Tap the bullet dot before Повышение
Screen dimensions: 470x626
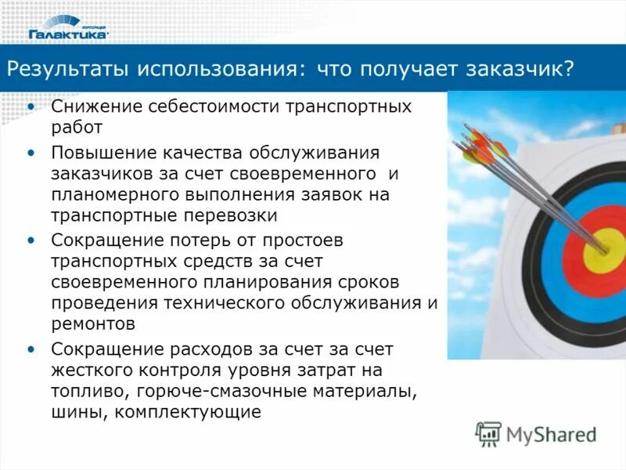pyautogui.click(x=31, y=151)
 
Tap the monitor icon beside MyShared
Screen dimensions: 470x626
pyautogui.click(x=489, y=433)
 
